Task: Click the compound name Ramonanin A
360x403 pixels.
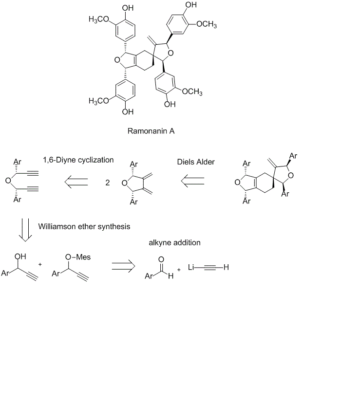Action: click(x=151, y=131)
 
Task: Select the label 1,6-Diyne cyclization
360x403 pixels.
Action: click(x=78, y=160)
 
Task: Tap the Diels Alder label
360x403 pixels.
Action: click(x=196, y=162)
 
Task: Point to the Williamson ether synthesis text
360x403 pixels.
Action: click(x=84, y=226)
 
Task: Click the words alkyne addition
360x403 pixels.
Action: click(x=174, y=242)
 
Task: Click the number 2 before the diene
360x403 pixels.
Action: click(x=108, y=183)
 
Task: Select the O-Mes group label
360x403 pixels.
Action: click(x=78, y=257)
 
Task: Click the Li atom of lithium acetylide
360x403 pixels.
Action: click(x=191, y=267)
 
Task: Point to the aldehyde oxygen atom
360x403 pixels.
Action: click(x=161, y=259)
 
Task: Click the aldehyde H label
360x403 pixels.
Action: click(x=171, y=277)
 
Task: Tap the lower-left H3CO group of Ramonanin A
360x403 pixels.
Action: click(x=99, y=101)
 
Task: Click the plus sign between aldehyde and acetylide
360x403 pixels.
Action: click(x=179, y=269)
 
